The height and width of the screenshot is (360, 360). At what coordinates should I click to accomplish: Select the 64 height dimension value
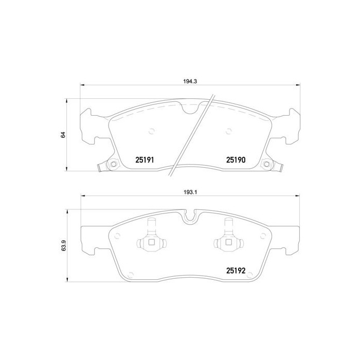[63, 134]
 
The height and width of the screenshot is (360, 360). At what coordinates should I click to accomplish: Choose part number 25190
[235, 160]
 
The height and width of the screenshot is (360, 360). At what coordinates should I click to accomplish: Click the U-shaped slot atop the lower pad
[191, 216]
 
